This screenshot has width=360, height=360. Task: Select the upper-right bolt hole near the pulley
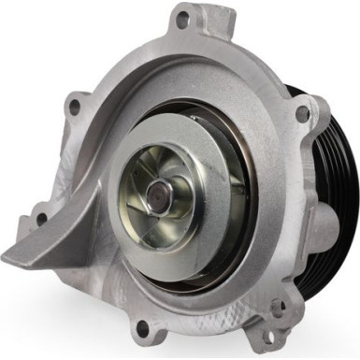tap(301, 113)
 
